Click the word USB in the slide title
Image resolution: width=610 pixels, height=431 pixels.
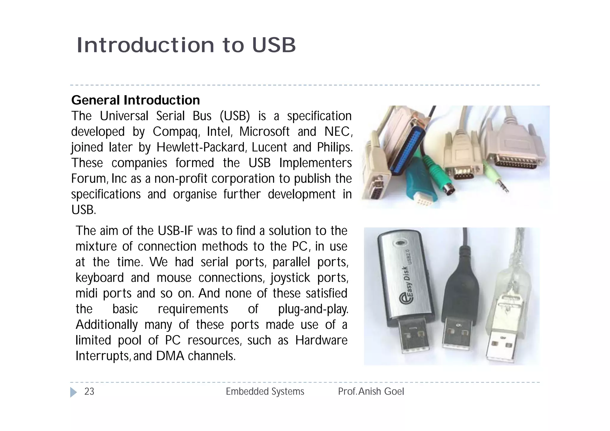[x=274, y=45]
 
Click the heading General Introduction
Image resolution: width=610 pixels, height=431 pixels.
[x=136, y=100]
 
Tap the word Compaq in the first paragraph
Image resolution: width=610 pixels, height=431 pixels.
[x=176, y=132]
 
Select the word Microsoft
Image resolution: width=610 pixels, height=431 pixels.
[x=264, y=132]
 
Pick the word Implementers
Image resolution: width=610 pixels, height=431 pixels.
[x=315, y=163]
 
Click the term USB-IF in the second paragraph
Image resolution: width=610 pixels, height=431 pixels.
[x=175, y=231]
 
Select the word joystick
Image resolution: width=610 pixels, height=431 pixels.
[x=290, y=278]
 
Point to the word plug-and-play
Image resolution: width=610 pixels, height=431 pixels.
[x=313, y=309]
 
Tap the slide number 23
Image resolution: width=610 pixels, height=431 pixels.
[x=89, y=391]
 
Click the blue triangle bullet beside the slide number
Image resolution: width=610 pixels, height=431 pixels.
[x=73, y=392]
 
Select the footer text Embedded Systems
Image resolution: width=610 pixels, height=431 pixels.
[x=265, y=391]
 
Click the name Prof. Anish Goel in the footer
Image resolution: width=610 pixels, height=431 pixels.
[x=371, y=391]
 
